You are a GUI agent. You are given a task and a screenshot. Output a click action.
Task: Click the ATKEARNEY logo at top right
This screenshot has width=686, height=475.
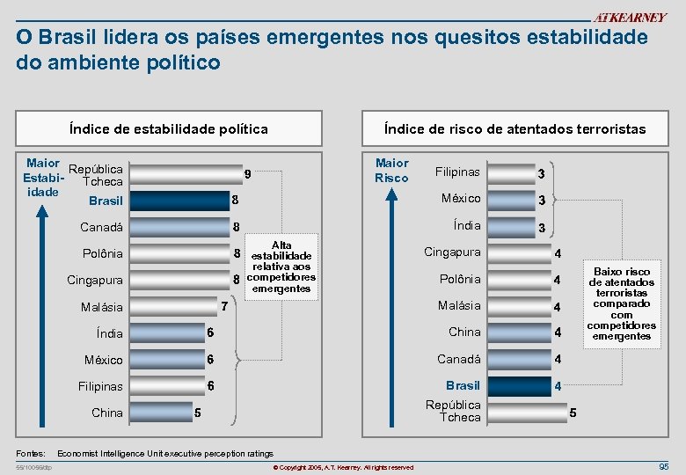pyautogui.click(x=630, y=18)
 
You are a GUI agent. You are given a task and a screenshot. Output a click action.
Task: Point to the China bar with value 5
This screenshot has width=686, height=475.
pyautogui.click(x=158, y=413)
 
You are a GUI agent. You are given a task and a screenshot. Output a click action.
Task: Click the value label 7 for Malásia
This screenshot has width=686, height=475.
pyautogui.click(x=224, y=307)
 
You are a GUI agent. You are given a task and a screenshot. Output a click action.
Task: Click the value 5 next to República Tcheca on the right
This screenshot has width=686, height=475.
pyautogui.click(x=573, y=412)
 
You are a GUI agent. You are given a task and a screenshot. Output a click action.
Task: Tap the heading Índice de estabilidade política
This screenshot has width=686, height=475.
pyautogui.click(x=169, y=129)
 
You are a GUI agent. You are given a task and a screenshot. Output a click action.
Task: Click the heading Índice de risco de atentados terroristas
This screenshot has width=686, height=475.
pyautogui.click(x=514, y=129)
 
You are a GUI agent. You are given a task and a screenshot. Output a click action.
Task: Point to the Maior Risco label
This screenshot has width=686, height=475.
pyautogui.click(x=391, y=170)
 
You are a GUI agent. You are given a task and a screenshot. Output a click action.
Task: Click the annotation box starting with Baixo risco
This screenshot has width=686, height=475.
pyautogui.click(x=622, y=303)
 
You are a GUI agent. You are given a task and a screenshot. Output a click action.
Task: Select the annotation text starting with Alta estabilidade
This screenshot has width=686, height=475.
pyautogui.click(x=281, y=267)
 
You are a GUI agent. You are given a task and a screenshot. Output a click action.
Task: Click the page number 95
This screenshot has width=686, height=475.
pyautogui.click(x=663, y=466)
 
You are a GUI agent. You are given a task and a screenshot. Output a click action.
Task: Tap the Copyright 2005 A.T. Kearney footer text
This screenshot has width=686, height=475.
pyautogui.click(x=343, y=467)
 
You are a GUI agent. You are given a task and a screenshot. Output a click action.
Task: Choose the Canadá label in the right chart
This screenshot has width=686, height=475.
pyautogui.click(x=459, y=359)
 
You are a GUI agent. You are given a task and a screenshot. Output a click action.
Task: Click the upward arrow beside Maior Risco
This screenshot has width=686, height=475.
pyautogui.click(x=390, y=290)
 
